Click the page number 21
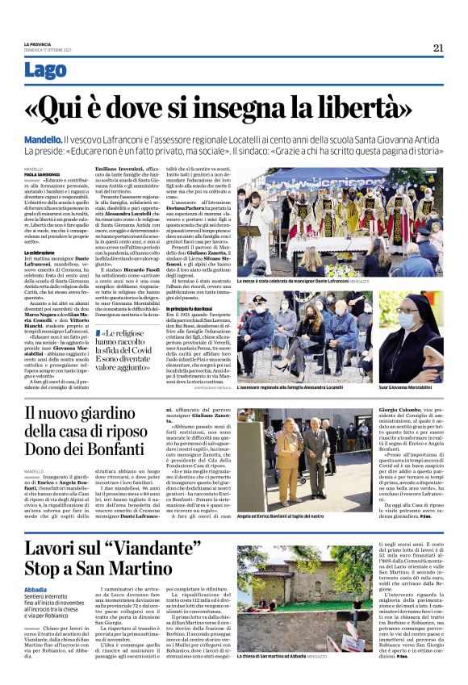coord(438,48)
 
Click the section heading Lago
coord(46,71)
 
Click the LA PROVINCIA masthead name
coord(38,44)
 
